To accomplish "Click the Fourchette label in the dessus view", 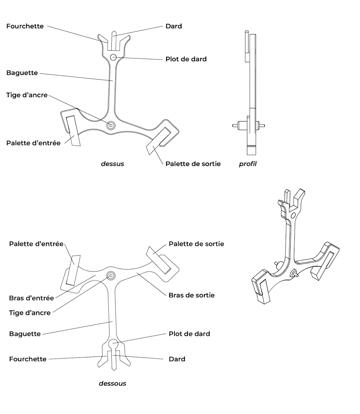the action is (x=25, y=26).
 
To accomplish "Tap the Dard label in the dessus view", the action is (x=174, y=26).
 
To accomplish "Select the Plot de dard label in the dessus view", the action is (x=186, y=59).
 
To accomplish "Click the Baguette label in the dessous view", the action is (x=25, y=334).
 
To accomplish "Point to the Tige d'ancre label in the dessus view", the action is (x=27, y=95).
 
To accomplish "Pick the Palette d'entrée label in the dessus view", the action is (x=33, y=143).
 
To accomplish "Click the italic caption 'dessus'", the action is (x=112, y=164).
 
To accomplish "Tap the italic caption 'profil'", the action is (x=248, y=164).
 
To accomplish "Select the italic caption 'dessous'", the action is (x=112, y=383).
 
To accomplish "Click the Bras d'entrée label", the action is (x=31, y=298).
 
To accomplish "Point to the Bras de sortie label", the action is (x=192, y=295).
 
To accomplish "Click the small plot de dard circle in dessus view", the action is (x=113, y=57).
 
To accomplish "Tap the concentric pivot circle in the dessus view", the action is (x=111, y=126).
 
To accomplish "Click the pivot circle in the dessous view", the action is (x=111, y=276).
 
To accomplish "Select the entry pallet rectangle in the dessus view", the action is (x=73, y=131).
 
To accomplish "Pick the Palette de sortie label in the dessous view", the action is (x=196, y=244).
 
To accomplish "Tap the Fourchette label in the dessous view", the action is (x=28, y=359).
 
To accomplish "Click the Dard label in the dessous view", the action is (x=177, y=359).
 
